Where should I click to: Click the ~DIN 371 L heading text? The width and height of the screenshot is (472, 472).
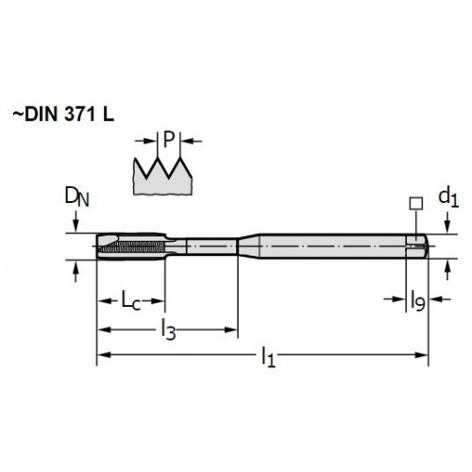pyautogui.click(x=63, y=114)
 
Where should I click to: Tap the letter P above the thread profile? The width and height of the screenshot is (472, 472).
pyautogui.click(x=169, y=140)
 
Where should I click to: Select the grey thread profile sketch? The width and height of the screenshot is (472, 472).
pyautogui.click(x=162, y=177)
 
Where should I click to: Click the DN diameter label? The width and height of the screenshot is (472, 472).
pyautogui.click(x=76, y=197)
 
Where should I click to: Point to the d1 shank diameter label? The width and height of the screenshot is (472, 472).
pyautogui.click(x=448, y=198)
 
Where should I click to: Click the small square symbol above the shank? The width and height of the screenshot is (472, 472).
pyautogui.click(x=416, y=204)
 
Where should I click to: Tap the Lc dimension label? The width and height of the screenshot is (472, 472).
pyautogui.click(x=131, y=300)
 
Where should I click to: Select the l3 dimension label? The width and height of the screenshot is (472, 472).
pyautogui.click(x=168, y=329)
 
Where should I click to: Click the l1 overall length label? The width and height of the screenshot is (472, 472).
pyautogui.click(x=268, y=357)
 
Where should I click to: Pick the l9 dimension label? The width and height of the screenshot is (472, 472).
pyautogui.click(x=418, y=300)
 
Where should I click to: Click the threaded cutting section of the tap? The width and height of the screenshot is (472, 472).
pyautogui.click(x=130, y=246)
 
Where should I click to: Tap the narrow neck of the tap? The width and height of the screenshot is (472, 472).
pyautogui.click(x=211, y=246)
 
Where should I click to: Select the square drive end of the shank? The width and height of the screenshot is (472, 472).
pyautogui.click(x=417, y=246)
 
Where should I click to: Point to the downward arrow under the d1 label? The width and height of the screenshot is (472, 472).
pyautogui.click(x=448, y=223)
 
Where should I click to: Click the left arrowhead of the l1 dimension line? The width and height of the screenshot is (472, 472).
pyautogui.click(x=104, y=355)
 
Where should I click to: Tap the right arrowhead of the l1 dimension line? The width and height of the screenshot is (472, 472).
pyautogui.click(x=421, y=355)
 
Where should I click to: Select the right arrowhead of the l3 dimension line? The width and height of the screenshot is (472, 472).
pyautogui.click(x=230, y=329)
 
